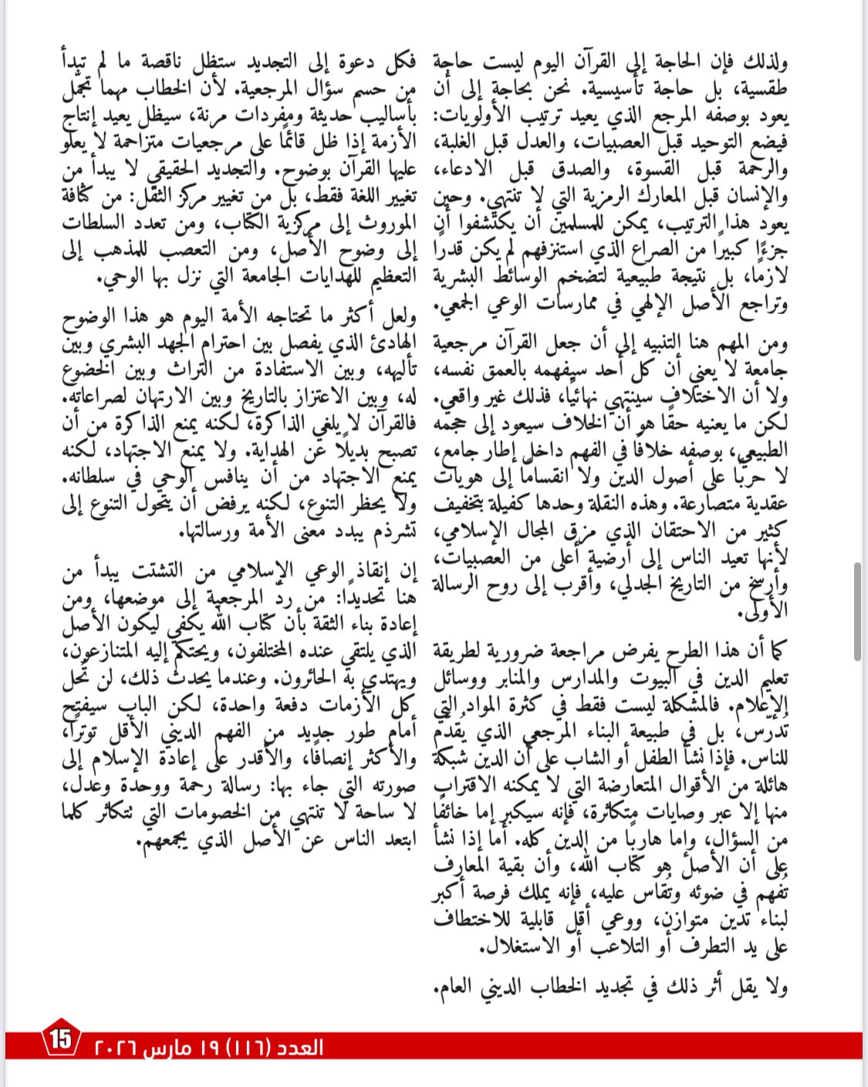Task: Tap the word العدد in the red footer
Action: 299,1047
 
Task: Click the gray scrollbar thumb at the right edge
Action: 857,612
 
